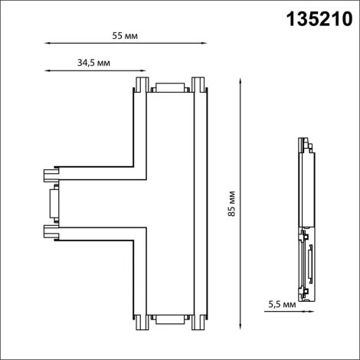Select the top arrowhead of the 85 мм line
pos(241,79)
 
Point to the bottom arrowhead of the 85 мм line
pos(241,332)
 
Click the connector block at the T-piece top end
pos(169,87)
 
